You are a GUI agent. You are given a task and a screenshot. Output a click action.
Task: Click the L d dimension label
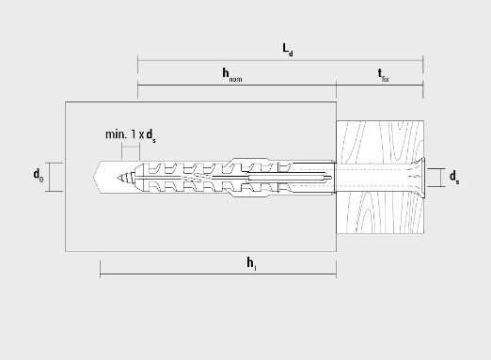288,50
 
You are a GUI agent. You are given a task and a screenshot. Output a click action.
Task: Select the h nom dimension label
232,75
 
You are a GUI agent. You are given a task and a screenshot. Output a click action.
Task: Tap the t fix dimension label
383,75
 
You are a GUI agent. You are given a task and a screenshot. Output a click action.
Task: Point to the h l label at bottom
251,263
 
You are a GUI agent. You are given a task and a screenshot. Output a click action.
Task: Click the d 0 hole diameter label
39,175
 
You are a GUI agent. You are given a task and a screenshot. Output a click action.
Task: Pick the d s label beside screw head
454,177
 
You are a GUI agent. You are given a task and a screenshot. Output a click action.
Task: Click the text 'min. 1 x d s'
131,135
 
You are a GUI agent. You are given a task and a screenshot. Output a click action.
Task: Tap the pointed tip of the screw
118,178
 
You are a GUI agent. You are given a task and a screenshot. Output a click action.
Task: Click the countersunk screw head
420,178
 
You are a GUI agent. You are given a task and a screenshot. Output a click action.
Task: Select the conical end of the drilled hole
96,178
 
